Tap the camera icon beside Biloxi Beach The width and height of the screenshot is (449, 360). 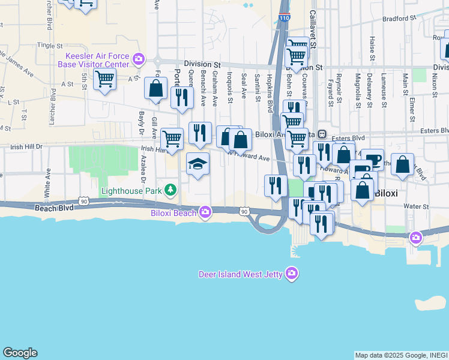[x=205, y=212]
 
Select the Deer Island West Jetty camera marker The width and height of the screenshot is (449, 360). [x=292, y=274]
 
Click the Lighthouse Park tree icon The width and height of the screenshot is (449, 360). [x=171, y=190]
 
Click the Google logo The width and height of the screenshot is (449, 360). [x=20, y=353]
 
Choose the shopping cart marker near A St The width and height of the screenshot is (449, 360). [x=105, y=79]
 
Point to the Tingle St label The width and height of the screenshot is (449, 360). [x=49, y=45]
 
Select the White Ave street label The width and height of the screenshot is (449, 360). [x=47, y=187]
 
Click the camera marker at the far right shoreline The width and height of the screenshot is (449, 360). [x=415, y=238]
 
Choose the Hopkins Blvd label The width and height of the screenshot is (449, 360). [x=271, y=93]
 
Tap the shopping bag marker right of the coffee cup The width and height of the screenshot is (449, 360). [x=404, y=164]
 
